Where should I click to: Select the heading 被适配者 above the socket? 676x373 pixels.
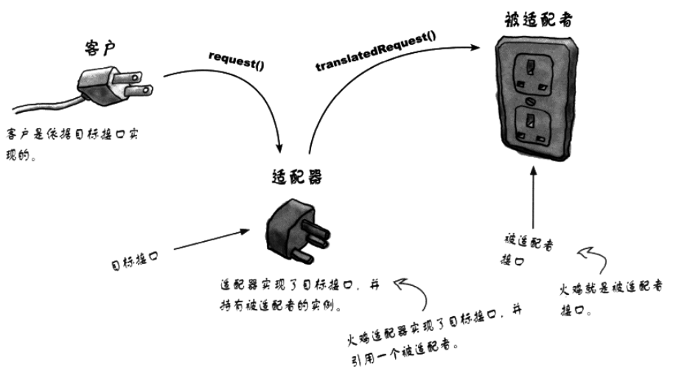point(537,18)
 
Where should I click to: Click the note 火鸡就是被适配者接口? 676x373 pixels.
point(612,293)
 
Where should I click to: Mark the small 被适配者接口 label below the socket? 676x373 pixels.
point(526,251)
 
